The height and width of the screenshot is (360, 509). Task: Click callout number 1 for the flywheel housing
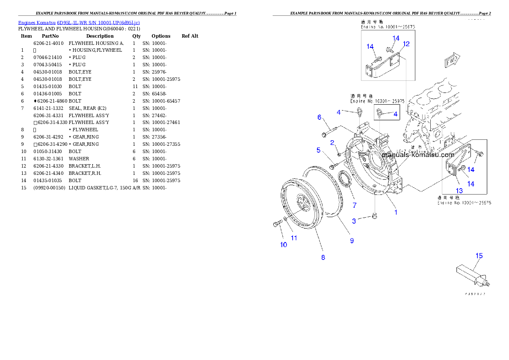coord(396,212)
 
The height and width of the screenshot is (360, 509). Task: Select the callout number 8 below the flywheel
coord(323,257)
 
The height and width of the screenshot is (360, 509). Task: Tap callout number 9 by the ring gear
coord(352,241)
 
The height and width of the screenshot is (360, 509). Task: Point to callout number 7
coord(354,205)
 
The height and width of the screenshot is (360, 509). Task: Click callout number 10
coord(284,245)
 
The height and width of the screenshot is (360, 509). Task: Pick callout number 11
coord(294,238)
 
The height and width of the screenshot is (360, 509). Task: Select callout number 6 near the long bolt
coord(319,117)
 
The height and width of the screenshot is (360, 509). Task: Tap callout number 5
coord(318,150)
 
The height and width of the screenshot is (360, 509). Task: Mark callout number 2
coord(331,142)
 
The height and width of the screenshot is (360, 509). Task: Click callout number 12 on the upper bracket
coord(406,44)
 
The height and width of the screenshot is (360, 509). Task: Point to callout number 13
coord(459,191)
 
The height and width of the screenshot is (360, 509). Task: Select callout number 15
coord(479,256)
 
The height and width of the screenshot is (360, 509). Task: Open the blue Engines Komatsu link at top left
coord(79,22)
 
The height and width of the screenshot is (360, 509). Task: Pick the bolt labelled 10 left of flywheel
coord(276,224)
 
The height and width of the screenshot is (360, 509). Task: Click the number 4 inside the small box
coord(395,114)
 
